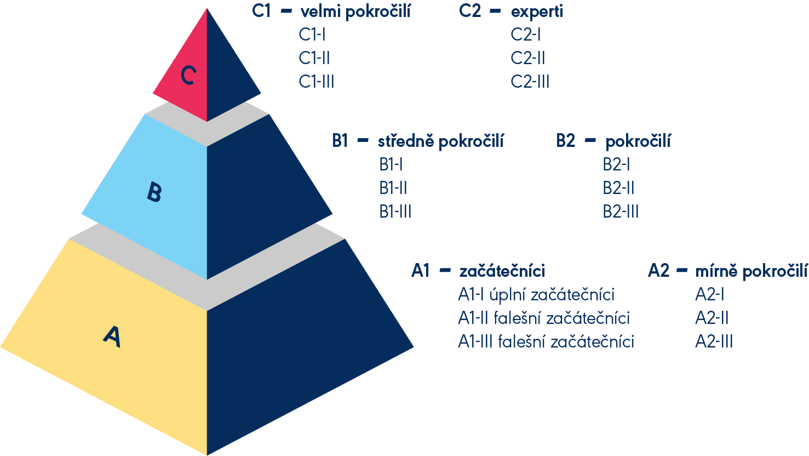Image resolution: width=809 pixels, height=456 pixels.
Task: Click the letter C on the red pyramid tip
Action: (188, 76)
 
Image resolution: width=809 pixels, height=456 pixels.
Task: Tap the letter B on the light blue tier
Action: (154, 193)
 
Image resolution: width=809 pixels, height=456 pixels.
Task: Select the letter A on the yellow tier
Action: (112, 337)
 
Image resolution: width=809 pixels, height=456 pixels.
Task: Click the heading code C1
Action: (261, 12)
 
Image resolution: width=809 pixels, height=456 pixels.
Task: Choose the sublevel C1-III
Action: (317, 82)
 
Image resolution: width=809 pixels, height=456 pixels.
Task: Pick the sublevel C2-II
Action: (528, 58)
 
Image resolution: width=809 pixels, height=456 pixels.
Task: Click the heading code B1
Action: (340, 141)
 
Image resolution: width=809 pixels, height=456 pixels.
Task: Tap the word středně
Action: (406, 141)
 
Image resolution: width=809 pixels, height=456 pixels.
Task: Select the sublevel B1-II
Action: (393, 188)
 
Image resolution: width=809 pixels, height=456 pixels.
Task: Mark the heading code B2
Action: (566, 141)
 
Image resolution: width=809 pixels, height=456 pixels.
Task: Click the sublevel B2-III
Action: (621, 212)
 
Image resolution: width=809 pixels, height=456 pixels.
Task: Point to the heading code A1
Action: (421, 271)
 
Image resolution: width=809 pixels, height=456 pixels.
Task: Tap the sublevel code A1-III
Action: (475, 341)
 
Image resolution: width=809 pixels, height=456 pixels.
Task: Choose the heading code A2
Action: (658, 271)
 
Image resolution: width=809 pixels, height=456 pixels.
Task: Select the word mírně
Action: (716, 271)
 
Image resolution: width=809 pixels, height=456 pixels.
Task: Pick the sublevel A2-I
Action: (710, 295)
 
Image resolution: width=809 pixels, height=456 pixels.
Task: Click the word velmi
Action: (320, 12)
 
